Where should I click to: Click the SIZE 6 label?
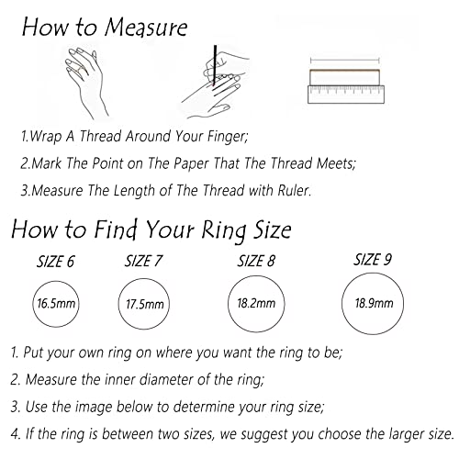tap(55, 262)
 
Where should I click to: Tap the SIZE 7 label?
tap(143, 261)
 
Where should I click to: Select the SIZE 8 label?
tap(256, 261)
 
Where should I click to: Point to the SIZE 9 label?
tap(373, 260)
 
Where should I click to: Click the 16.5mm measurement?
tap(56, 304)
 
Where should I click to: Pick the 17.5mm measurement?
tap(145, 304)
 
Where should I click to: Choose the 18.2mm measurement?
tap(256, 303)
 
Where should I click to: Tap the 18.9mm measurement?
tap(374, 303)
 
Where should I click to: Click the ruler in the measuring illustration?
tap(346, 95)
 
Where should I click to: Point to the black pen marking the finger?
tap(215, 65)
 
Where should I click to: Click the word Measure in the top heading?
tap(146, 28)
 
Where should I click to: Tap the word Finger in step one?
tap(228, 136)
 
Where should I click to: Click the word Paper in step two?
tap(191, 163)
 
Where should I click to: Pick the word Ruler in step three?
tap(294, 190)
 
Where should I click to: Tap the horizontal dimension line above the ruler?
tap(345, 61)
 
